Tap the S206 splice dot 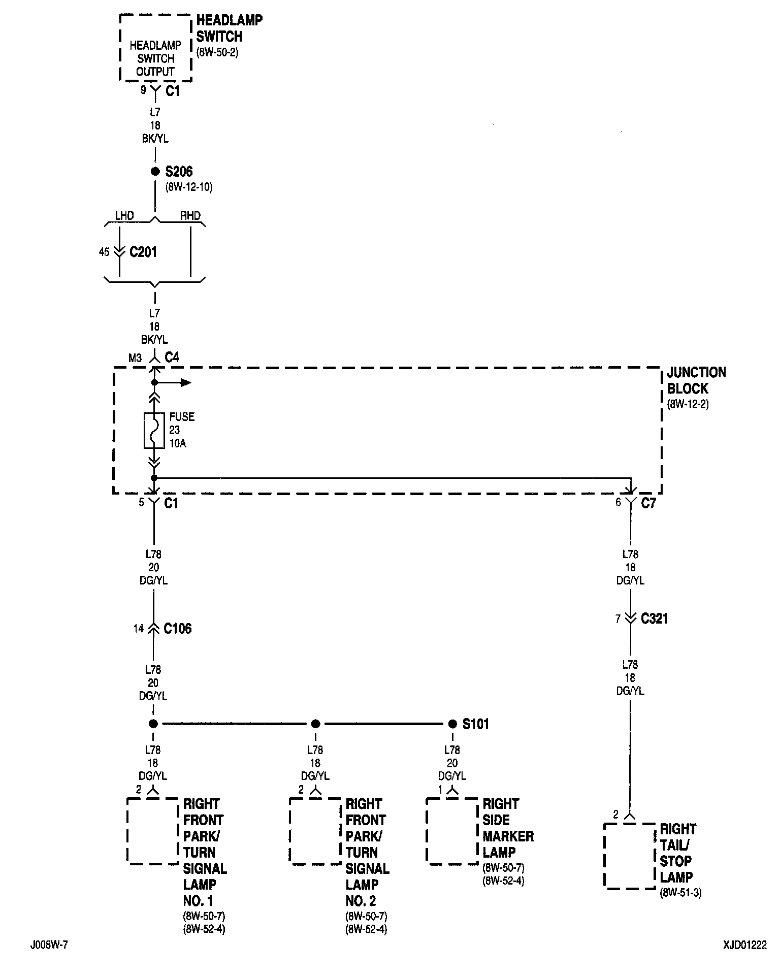[155, 172]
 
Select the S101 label [475, 724]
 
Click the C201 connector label [143, 252]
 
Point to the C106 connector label [177, 629]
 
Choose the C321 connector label [654, 618]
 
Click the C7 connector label [648, 503]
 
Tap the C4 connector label [172, 357]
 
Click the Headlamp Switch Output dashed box [155, 48]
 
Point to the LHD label [124, 216]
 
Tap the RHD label [190, 216]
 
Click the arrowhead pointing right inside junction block [186, 382]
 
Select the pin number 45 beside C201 [104, 252]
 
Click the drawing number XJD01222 [745, 946]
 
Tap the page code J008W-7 [48, 946]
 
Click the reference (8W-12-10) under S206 [188, 187]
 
